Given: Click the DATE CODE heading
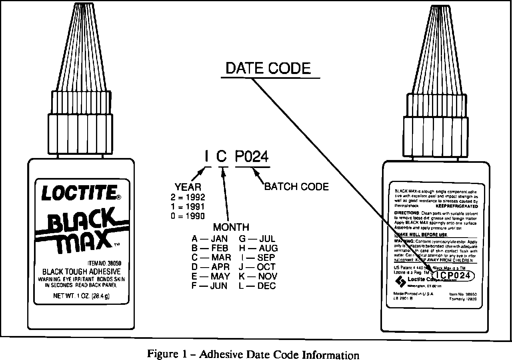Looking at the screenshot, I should (268, 68).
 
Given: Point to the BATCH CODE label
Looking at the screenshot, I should (296, 186).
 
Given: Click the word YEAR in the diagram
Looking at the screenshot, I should (188, 187).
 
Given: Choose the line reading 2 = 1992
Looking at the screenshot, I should (188, 197).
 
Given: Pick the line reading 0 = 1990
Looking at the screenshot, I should (188, 216).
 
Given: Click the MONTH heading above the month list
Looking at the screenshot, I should (231, 227).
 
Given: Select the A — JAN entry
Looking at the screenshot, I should (209, 239).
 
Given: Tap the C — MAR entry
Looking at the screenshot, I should (211, 258).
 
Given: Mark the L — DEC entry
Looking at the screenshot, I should (258, 286).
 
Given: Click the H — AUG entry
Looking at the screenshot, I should (258, 248).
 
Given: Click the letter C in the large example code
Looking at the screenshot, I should (222, 157).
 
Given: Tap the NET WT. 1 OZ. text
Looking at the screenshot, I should (82, 296).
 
